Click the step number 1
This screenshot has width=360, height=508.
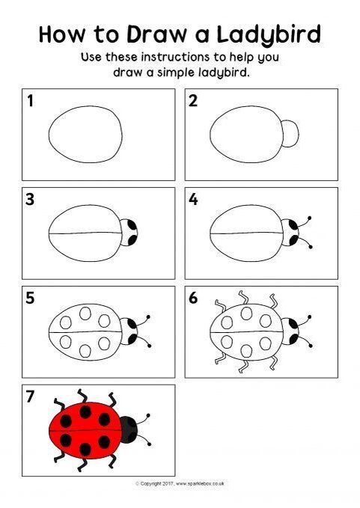click(x=31, y=100)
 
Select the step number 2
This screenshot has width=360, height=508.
click(x=193, y=100)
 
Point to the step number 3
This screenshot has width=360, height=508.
click(x=31, y=200)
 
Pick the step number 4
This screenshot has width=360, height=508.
click(x=193, y=200)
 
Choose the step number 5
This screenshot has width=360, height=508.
click(x=31, y=298)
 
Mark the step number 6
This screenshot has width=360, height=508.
click(x=193, y=298)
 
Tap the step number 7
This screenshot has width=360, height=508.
click(x=31, y=397)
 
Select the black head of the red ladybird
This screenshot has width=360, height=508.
click(x=129, y=429)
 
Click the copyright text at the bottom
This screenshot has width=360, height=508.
click(x=180, y=484)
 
